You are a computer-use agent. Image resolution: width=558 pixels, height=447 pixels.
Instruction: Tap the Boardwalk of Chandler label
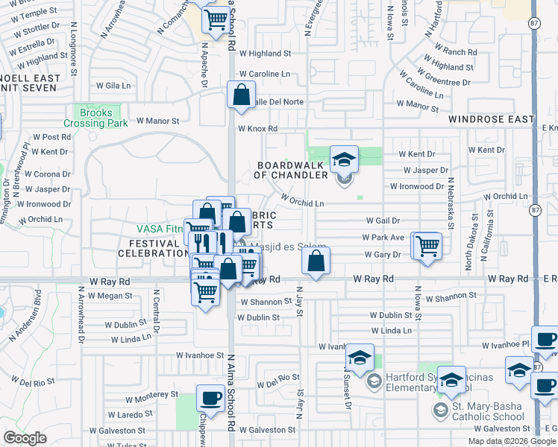pyautogui.click(x=291, y=170)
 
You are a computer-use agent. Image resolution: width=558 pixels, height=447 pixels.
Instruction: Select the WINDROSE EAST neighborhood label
pyautogui.click(x=492, y=119)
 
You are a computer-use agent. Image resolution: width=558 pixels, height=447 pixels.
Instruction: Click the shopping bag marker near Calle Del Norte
pyautogui.click(x=241, y=95)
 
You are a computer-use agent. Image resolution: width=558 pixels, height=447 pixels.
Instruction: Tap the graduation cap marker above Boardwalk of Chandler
pyautogui.click(x=344, y=159)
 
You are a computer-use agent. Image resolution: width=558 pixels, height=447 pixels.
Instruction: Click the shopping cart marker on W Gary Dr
pyautogui.click(x=427, y=245)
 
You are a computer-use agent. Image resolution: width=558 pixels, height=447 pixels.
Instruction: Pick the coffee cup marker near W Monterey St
pyautogui.click(x=210, y=398)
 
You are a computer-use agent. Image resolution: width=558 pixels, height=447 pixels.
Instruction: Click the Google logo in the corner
pyautogui.click(x=25, y=438)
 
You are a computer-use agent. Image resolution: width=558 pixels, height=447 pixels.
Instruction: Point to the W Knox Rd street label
pyautogui.click(x=257, y=129)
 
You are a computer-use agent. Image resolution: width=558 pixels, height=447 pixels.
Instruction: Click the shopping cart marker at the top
pyautogui.click(x=216, y=19)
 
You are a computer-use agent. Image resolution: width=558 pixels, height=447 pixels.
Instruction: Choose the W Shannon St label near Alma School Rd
pyautogui.click(x=266, y=302)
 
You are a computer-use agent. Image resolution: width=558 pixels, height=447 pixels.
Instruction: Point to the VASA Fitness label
pyautogui.click(x=158, y=229)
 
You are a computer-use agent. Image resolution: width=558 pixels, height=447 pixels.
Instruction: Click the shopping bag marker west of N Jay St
pyautogui.click(x=316, y=261)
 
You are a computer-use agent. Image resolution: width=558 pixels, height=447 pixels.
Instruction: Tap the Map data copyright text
pyautogui.click(x=511, y=441)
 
